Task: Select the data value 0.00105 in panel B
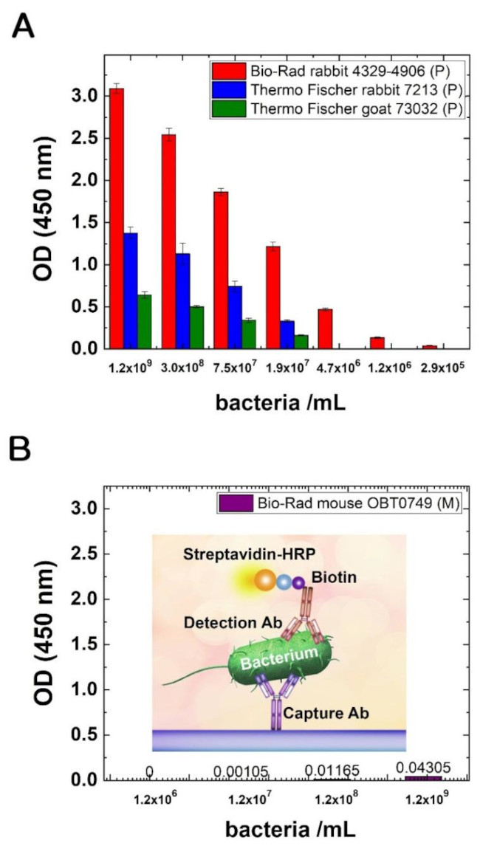point(239,771)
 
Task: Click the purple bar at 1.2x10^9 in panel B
point(423,778)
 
